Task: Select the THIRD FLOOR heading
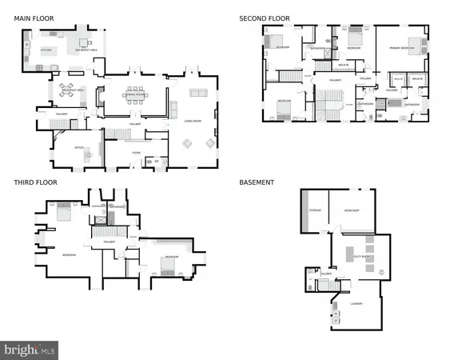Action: coord(35,182)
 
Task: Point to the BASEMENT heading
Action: coord(257,182)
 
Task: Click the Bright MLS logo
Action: coord(30,350)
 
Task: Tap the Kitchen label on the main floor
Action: coord(46,50)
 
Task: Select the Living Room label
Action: coord(193,122)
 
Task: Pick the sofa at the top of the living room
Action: coord(197,94)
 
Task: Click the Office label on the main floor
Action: coord(79,148)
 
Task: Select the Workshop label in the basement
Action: coord(351,210)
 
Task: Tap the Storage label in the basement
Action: coord(315,210)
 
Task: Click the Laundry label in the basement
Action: coord(356,304)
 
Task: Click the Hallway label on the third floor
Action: coord(110,242)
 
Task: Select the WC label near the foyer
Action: coord(157,161)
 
